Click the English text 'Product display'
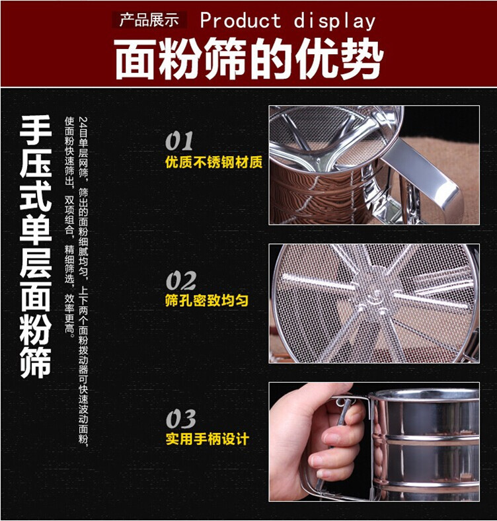(x=287, y=20)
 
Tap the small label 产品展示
(x=149, y=20)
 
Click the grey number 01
(x=179, y=141)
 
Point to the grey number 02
(x=180, y=281)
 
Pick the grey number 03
(x=180, y=419)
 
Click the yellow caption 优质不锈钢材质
(x=214, y=162)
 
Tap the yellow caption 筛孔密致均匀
(x=207, y=300)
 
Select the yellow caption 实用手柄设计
(x=208, y=438)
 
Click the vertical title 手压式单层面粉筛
(x=35, y=247)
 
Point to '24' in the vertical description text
(x=83, y=122)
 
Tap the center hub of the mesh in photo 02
(x=377, y=294)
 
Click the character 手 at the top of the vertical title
(x=35, y=130)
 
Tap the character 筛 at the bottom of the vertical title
(x=35, y=363)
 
